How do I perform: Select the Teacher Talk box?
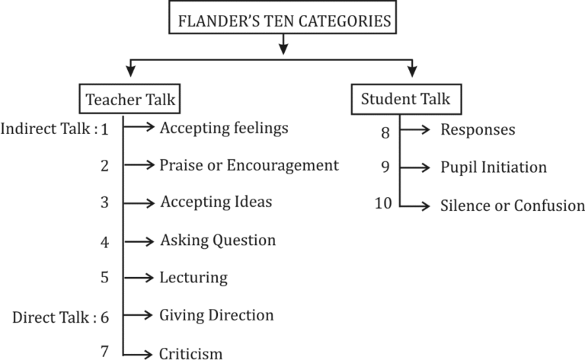(133, 99)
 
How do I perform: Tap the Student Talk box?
(405, 98)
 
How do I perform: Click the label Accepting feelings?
(223, 128)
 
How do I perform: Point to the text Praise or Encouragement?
(248, 165)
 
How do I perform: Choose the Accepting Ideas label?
(216, 202)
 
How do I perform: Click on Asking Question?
(217, 241)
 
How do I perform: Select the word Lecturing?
(193, 278)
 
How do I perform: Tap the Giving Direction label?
(216, 314)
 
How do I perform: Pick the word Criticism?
(190, 352)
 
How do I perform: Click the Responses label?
(478, 130)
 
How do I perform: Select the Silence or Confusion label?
(512, 205)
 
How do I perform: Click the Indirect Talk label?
(49, 129)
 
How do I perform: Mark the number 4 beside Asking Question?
(104, 243)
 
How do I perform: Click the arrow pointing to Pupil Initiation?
(415, 167)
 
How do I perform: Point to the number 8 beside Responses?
(385, 132)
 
